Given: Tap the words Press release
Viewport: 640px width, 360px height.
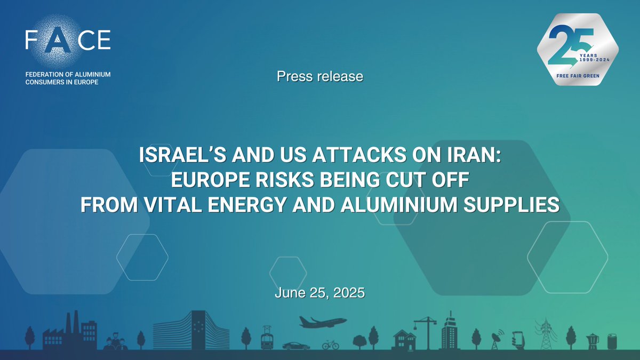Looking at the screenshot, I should point(320,77).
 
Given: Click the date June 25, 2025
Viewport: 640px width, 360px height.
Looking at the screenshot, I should point(320,293).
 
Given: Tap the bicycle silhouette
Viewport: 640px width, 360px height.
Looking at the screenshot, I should point(331,345).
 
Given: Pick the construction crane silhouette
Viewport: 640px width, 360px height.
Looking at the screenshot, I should point(425,331).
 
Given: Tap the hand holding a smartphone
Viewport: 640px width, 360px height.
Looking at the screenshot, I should point(518,339).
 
